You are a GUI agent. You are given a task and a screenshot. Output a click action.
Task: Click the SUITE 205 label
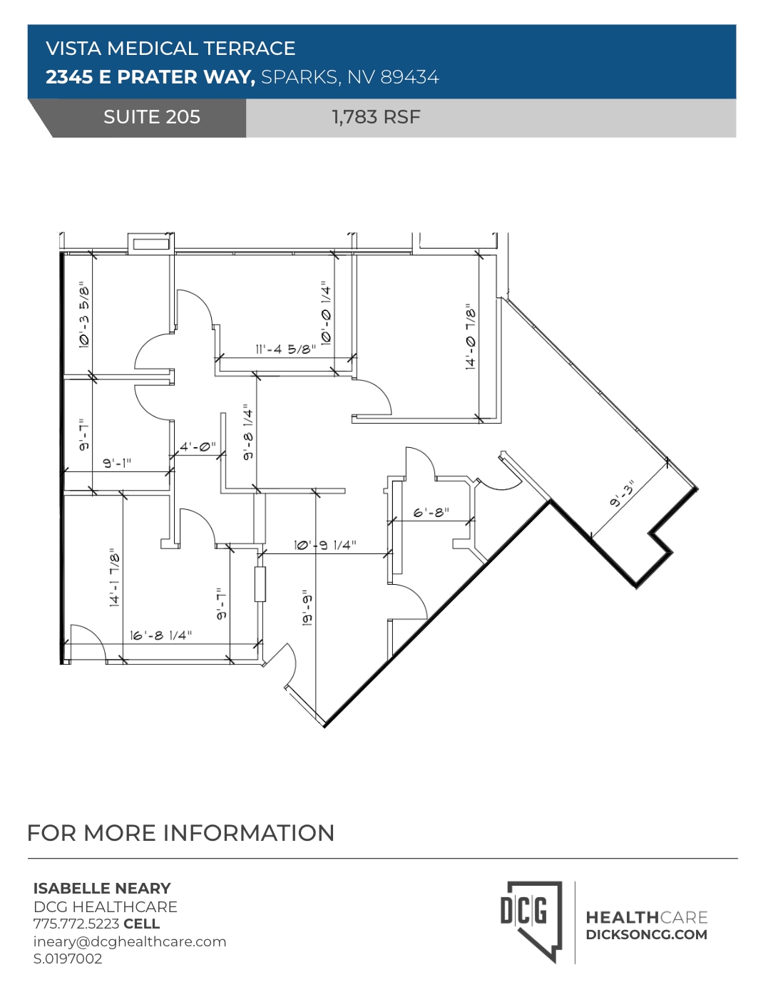click(x=151, y=117)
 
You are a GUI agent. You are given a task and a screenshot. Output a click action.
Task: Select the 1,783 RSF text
click(x=376, y=117)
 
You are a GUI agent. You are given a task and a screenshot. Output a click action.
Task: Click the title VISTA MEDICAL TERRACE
click(x=170, y=48)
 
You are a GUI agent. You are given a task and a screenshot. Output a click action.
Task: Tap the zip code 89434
click(x=409, y=77)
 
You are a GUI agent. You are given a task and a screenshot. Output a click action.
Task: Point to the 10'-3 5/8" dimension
click(x=84, y=315)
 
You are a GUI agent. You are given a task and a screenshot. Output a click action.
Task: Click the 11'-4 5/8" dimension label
click(x=285, y=349)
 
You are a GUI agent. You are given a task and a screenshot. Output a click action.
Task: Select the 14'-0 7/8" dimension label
click(x=471, y=336)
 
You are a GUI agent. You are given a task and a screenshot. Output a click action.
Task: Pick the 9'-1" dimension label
click(x=117, y=463)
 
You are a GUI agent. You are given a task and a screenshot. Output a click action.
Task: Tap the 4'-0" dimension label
click(x=197, y=447)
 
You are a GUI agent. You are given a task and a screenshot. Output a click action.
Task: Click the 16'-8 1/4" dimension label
click(x=160, y=635)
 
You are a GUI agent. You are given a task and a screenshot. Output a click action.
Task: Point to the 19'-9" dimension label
click(x=307, y=608)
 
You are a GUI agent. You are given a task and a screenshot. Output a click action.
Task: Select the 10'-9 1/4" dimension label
click(x=324, y=545)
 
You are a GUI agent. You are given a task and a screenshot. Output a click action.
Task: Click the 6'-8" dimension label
click(x=431, y=513)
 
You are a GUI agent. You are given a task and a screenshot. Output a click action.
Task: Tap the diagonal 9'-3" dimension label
click(x=623, y=494)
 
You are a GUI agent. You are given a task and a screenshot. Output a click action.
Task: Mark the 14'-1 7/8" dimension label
click(x=114, y=577)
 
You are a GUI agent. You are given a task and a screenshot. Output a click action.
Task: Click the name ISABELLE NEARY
click(x=102, y=888)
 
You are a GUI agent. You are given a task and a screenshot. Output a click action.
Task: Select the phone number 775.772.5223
click(x=76, y=924)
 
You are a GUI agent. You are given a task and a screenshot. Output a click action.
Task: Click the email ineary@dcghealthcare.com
click(x=130, y=941)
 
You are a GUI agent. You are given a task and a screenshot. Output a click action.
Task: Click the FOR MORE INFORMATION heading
click(x=180, y=833)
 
